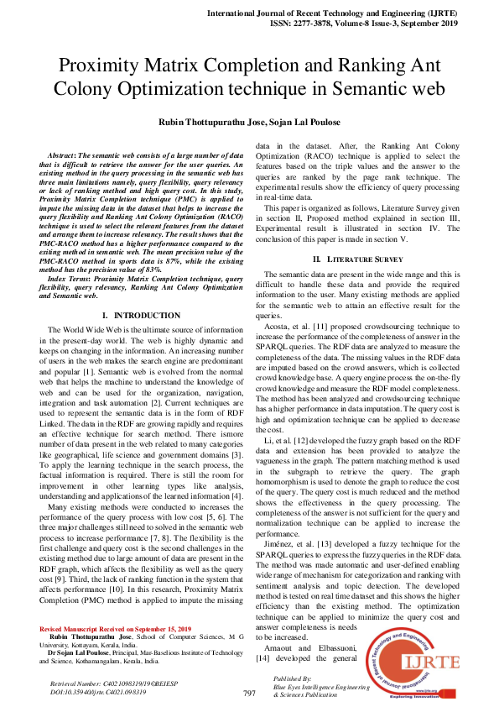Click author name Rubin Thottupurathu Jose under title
click(208, 122)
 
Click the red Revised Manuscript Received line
click(116, 629)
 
